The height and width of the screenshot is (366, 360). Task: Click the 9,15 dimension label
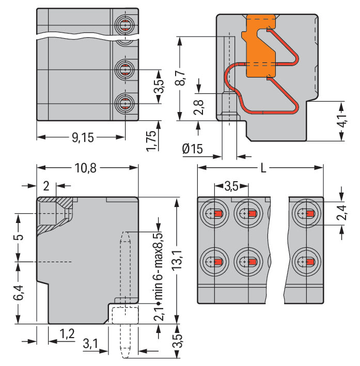click(82, 137)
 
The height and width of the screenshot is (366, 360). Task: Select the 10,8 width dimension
click(87, 168)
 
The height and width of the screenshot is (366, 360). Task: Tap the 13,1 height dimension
click(178, 261)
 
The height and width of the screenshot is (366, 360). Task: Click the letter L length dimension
click(264, 168)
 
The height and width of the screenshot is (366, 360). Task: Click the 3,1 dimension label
click(89, 343)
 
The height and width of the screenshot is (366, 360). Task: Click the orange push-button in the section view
click(259, 46)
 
